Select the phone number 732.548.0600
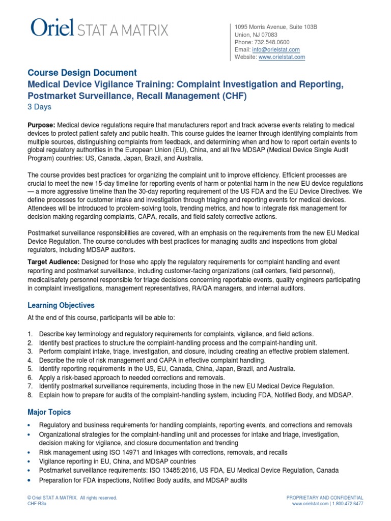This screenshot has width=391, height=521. coord(272,42)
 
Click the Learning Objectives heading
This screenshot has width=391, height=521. coord(61,305)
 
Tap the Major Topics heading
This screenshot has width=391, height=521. coord(49,412)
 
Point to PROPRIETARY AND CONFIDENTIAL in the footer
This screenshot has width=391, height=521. coord(325,497)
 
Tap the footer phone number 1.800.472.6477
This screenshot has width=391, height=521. coord(349,504)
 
